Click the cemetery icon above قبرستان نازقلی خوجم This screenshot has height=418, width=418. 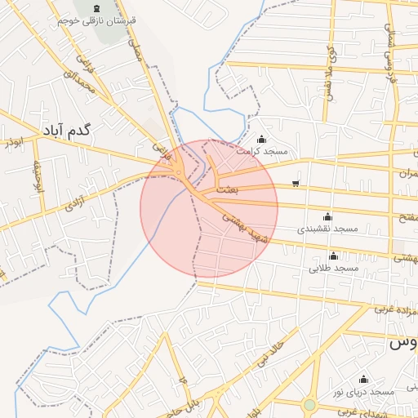click(x=87, y=8)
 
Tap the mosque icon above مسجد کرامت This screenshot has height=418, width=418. click(x=261, y=139)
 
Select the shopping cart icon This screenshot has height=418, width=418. click(x=295, y=182)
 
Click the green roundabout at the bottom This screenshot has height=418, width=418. click(x=309, y=404)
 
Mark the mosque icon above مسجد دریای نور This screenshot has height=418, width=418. click(x=363, y=380)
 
